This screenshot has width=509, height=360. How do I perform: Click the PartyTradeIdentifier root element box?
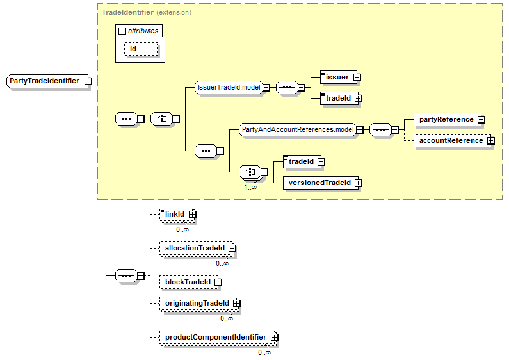45,81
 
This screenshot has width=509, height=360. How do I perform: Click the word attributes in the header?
143,30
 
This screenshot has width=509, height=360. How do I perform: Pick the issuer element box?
336,78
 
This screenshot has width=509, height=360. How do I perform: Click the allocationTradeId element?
194,247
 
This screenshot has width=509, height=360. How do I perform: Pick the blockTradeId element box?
187,281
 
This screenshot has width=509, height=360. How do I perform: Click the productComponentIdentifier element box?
214,336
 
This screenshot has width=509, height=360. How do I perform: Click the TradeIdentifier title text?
127,12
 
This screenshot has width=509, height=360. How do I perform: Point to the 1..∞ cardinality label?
250,187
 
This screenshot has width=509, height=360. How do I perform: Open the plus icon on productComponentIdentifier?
274,337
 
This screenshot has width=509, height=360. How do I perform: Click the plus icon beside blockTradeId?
218,282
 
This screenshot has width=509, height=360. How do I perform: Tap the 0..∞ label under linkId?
182,229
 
